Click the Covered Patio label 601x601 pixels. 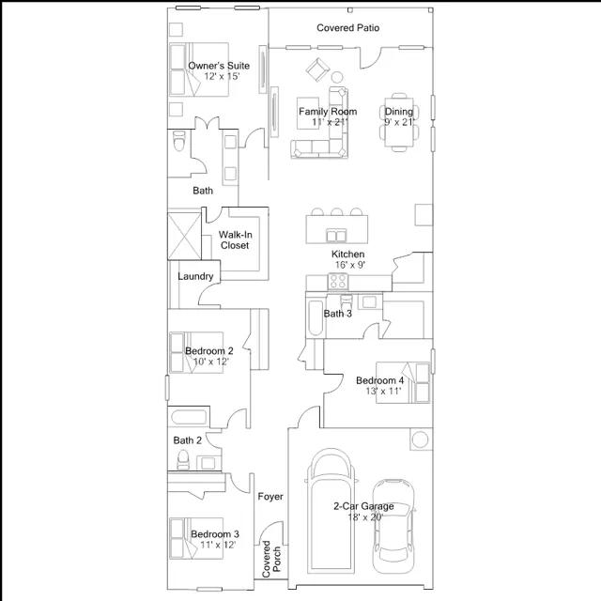(348, 27)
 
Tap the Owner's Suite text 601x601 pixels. (219, 66)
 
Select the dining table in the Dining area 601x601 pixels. (399, 122)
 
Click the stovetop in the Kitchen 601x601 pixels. (338, 282)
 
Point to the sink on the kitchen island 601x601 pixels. (336, 236)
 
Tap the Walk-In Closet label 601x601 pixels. (235, 240)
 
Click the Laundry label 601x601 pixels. (195, 276)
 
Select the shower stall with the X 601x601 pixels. (184, 236)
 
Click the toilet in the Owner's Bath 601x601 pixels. (178, 141)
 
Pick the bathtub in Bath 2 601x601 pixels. (189, 417)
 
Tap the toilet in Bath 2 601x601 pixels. (183, 459)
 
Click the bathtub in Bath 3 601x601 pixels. (316, 318)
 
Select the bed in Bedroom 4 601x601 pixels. (403, 382)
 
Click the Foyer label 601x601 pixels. (270, 497)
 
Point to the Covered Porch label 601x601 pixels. (271, 559)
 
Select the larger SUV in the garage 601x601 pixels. (331, 510)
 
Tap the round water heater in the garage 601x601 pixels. (420, 439)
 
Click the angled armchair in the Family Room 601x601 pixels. (317, 69)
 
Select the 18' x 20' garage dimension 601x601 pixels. (365, 517)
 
